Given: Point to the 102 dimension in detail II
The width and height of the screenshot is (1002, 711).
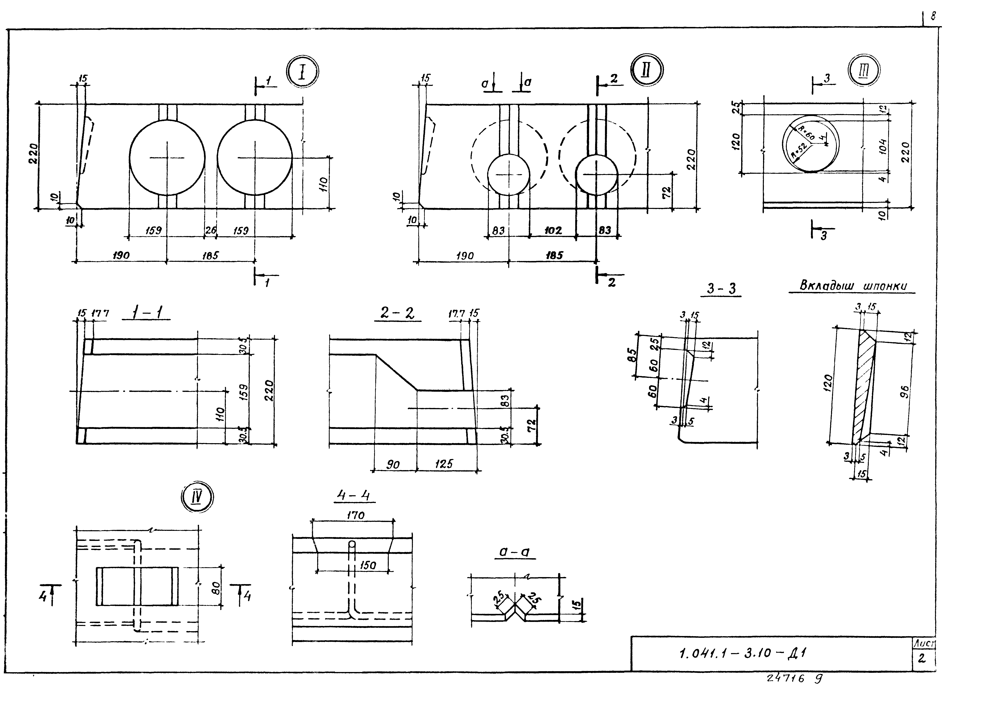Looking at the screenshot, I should (553, 230).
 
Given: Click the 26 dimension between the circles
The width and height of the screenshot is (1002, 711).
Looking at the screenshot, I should (211, 230).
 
